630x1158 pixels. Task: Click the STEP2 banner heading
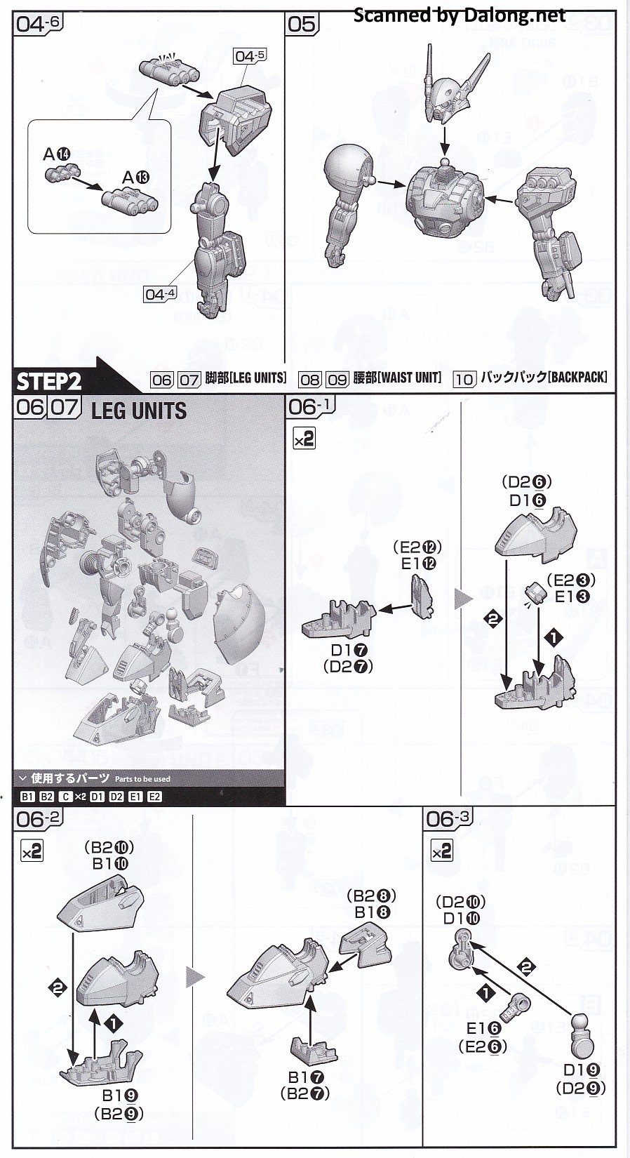(50, 382)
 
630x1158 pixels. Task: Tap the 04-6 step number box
(39, 24)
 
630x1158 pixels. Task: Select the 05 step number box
(302, 25)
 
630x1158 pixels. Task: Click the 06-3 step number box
(448, 818)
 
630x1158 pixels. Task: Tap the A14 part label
(57, 154)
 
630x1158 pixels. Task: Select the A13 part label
(135, 178)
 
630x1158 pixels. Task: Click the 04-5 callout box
(250, 55)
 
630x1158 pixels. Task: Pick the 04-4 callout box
(160, 294)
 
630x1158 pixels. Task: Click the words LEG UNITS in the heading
(138, 411)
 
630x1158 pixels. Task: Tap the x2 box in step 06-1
(304, 439)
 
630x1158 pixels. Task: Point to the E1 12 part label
(419, 564)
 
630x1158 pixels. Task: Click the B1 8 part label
(372, 912)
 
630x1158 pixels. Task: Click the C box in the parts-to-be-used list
(65, 797)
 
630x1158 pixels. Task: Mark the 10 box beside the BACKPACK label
(464, 379)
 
